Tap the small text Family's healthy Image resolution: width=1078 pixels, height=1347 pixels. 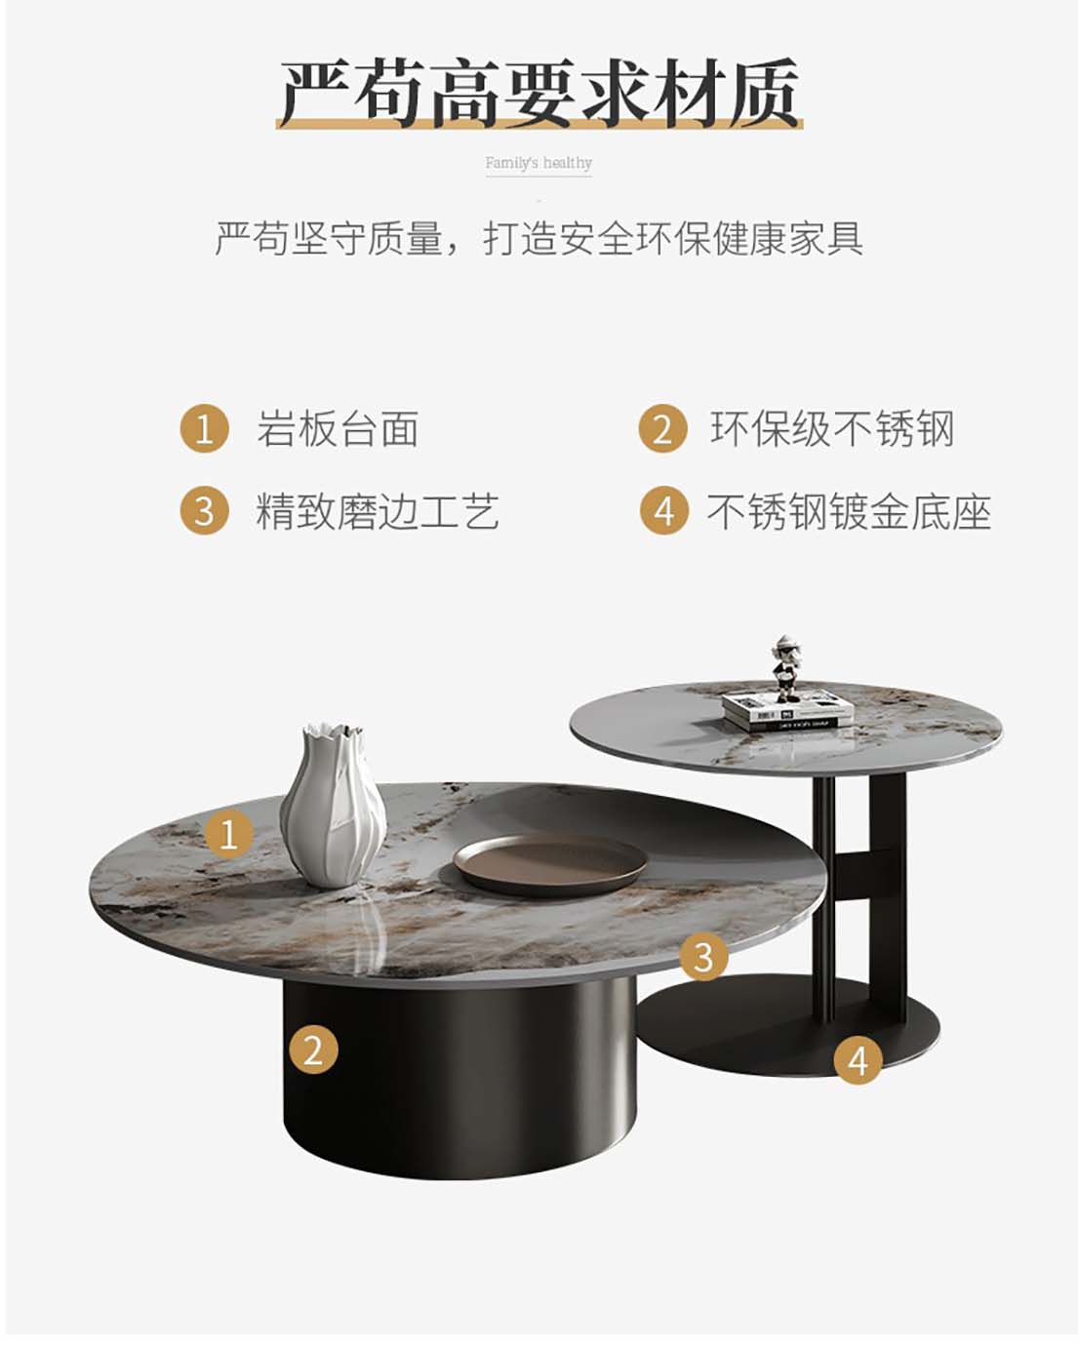(539, 163)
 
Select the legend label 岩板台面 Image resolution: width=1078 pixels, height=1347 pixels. (338, 429)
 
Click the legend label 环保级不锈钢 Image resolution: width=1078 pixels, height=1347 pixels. (832, 429)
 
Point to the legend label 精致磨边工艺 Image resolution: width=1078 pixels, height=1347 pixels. (378, 511)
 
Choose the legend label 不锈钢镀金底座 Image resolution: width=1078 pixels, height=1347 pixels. (850, 511)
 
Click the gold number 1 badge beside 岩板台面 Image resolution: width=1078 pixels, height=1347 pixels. (205, 429)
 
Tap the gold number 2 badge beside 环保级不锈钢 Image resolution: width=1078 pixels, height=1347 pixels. (663, 429)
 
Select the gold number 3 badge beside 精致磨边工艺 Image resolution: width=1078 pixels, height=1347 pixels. (205, 511)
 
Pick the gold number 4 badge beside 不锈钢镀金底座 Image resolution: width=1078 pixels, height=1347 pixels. (663, 511)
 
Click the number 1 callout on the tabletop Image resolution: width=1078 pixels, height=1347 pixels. (229, 834)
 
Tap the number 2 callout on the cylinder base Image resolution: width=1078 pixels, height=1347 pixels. (313, 1050)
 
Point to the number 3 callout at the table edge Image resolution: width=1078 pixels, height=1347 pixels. (703, 956)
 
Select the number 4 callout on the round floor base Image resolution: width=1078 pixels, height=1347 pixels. (858, 1060)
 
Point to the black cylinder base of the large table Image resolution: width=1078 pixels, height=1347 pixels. (459, 1078)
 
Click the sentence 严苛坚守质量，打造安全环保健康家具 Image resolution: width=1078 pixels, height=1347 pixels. (539, 238)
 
